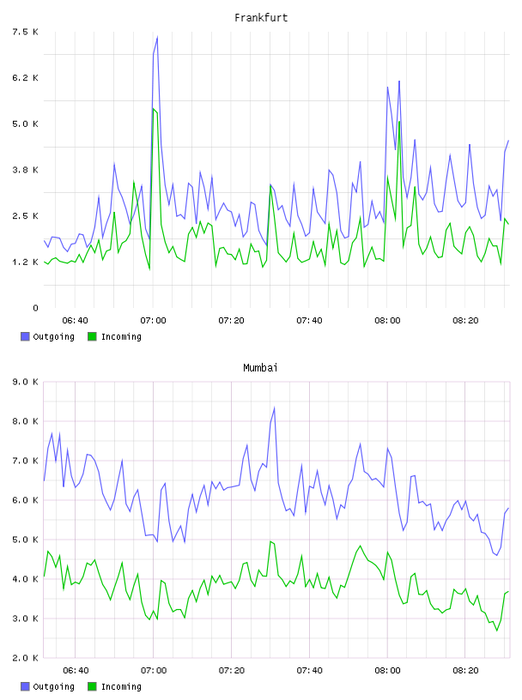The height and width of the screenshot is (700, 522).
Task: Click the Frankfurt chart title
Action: click(261, 18)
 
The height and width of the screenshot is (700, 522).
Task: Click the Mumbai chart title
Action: click(260, 368)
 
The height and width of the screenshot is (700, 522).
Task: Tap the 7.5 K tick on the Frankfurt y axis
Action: click(26, 32)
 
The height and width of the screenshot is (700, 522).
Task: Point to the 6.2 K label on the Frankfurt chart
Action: click(26, 78)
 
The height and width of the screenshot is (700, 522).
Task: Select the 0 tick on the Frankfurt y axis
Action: click(35, 308)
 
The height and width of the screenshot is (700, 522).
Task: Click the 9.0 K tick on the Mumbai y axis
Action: click(26, 382)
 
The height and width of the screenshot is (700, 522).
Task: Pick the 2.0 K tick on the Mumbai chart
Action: click(26, 658)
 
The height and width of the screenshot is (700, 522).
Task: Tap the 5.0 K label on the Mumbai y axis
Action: click(26, 540)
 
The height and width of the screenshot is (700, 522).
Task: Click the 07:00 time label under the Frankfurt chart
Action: click(153, 321)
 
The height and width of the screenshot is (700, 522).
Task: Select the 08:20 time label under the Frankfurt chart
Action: click(465, 321)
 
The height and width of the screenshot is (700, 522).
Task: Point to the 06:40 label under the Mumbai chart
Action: click(76, 671)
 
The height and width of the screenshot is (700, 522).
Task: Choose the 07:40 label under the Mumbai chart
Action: click(309, 671)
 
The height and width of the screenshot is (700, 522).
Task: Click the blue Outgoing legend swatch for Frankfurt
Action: click(25, 336)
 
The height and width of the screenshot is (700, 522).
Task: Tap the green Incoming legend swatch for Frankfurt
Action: click(92, 336)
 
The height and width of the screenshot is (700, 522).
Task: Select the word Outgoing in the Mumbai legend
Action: click(53, 686)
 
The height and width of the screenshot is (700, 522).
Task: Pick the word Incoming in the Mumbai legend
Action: click(121, 686)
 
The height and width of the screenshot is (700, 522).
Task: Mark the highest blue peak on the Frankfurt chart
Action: click(157, 38)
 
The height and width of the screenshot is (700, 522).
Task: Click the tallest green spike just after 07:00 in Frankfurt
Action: click(154, 108)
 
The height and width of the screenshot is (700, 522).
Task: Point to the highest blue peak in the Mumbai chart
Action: click(274, 407)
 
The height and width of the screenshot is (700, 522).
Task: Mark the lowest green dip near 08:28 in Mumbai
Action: click(496, 631)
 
